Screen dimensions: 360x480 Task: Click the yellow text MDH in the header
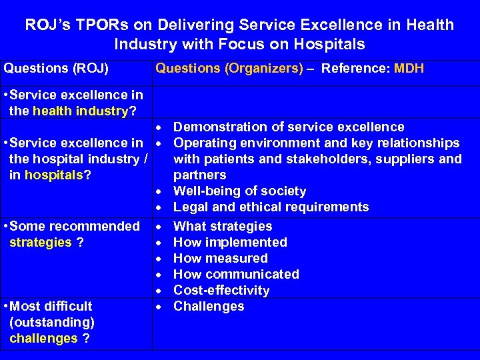[409, 68]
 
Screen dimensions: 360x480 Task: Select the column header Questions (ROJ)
[57, 68]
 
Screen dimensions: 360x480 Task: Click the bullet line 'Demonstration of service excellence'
[289, 127]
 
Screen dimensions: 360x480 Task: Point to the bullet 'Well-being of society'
[239, 191]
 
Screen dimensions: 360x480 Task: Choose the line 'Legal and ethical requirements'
[271, 207]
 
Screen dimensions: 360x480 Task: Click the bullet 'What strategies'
[223, 227]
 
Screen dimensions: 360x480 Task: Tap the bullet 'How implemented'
[230, 243]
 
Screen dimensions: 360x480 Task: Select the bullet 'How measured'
[220, 259]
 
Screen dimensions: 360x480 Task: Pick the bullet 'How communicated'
[236, 275]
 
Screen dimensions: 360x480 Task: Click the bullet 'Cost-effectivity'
[221, 291]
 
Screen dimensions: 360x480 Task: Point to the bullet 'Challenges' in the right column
[209, 307]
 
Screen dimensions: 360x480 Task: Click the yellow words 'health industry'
[80, 111]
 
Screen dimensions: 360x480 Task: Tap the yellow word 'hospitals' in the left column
[55, 175]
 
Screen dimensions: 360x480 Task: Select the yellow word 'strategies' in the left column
[40, 243]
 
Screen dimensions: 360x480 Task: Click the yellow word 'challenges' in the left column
[44, 339]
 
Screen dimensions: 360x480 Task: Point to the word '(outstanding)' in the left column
[53, 323]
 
